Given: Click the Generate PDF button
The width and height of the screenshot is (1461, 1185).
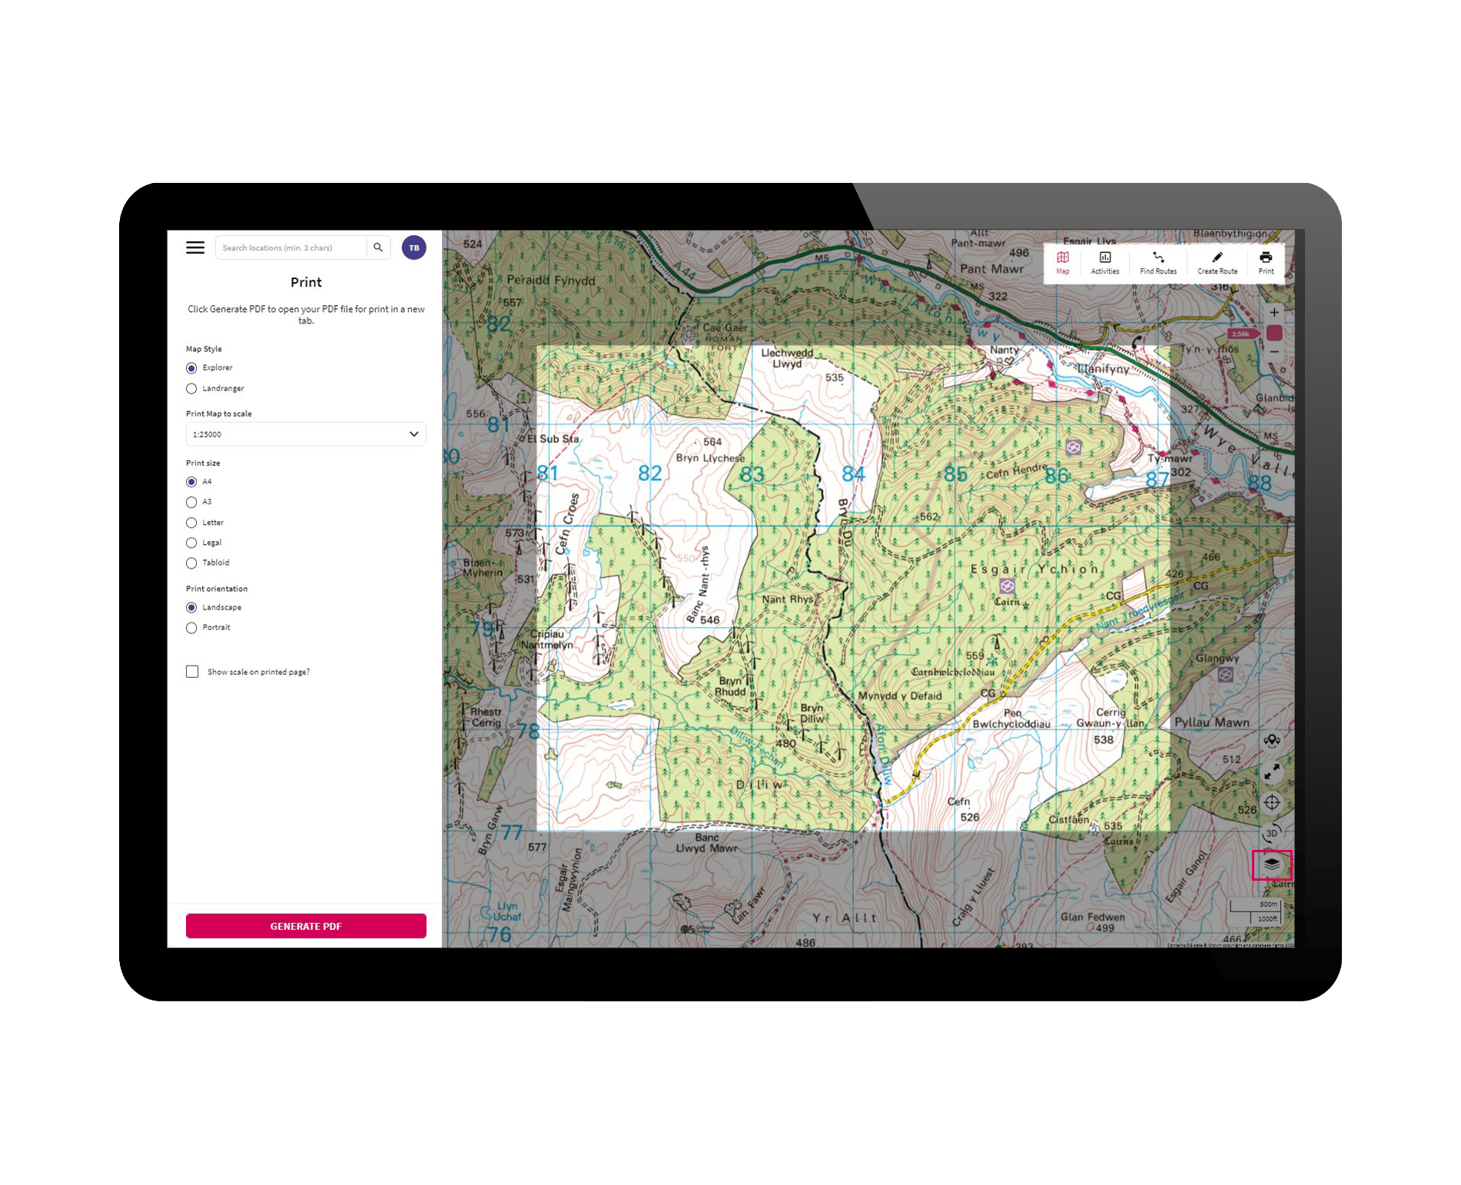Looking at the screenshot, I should [306, 926].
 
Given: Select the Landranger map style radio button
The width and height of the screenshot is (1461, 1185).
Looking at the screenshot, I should [191, 389].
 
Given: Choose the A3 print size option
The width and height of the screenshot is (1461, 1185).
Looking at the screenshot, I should [191, 503].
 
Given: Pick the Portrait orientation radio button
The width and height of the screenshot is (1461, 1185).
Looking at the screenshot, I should [191, 628].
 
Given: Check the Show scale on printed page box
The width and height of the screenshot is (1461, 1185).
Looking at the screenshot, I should [192, 672].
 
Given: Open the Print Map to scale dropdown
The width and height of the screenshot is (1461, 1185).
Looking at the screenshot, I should [306, 434].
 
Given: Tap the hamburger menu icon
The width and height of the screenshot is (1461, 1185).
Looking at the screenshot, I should [195, 247].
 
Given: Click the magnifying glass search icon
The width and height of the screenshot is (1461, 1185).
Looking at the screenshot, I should [378, 247].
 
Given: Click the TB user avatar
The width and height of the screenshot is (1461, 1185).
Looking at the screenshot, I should [413, 247].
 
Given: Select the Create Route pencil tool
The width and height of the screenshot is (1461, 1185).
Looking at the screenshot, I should [1217, 262].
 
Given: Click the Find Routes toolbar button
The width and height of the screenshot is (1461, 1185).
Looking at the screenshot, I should [1158, 262].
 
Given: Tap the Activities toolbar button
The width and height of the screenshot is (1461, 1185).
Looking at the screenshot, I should [1105, 262].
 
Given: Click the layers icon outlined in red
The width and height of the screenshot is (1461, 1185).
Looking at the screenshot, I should [1272, 865].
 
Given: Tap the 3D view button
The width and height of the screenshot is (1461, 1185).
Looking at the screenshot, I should [1272, 833].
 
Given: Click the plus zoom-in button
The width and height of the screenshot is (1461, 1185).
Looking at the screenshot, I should [1274, 313].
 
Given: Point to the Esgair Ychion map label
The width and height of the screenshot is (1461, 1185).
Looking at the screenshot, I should [1034, 569].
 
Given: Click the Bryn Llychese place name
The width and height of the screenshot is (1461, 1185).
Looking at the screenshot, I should [710, 458].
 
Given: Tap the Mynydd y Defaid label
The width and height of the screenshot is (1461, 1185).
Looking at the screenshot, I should [899, 696].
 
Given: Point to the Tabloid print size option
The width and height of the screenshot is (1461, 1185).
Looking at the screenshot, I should [191, 563].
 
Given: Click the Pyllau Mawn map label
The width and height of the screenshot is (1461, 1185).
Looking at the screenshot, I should [1211, 722].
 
